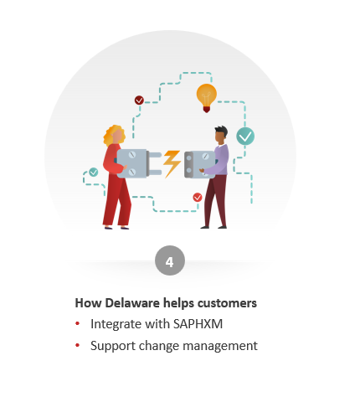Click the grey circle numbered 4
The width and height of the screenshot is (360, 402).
(x=170, y=260)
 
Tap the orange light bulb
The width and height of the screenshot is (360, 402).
(x=207, y=98)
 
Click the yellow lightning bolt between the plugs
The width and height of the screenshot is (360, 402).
(x=172, y=163)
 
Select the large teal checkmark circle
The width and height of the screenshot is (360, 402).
(x=245, y=137)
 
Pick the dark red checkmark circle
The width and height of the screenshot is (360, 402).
(x=139, y=100)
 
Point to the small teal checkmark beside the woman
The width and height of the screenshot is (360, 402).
(x=93, y=172)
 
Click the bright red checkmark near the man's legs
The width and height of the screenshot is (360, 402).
(x=198, y=198)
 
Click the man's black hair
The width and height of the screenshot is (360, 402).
(x=221, y=131)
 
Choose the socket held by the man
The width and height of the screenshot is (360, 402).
(x=200, y=164)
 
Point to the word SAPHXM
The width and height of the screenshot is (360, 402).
(x=198, y=324)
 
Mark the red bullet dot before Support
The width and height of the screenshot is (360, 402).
(x=78, y=345)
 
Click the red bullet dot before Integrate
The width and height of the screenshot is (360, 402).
(x=78, y=323)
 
